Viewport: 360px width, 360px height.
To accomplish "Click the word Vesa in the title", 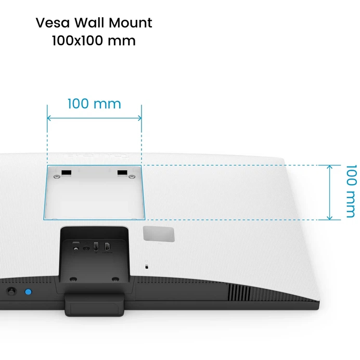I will [52, 23].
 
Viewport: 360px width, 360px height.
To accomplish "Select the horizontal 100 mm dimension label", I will [94, 104].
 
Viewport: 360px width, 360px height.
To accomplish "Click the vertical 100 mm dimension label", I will [352, 191].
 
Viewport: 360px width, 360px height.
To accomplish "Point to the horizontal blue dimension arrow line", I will [94, 118].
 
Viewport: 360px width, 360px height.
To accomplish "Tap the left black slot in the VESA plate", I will [66, 172].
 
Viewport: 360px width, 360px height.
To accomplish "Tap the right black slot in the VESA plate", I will [122, 172].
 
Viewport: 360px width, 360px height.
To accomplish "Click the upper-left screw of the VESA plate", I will [56, 177].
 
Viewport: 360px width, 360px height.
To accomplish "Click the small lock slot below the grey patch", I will [147, 266].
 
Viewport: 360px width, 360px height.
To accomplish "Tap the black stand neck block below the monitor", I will [94, 303].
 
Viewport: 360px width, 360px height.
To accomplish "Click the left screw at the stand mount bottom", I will [73, 278].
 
